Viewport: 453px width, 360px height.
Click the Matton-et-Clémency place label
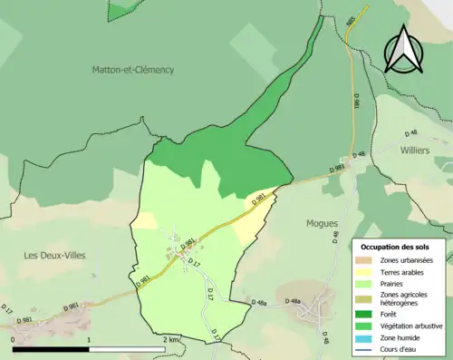(132, 69)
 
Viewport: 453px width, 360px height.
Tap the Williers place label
(415, 151)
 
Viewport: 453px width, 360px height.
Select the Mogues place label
(322, 222)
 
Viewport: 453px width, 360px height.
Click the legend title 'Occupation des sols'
(397, 246)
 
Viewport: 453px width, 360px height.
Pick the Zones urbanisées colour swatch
(365, 260)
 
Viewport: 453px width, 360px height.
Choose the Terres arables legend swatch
(365, 271)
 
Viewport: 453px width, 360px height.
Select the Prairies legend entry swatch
(365, 282)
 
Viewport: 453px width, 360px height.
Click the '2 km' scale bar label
(171, 339)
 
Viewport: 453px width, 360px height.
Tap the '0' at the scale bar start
(14, 339)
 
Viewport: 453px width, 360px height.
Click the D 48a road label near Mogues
(292, 300)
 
